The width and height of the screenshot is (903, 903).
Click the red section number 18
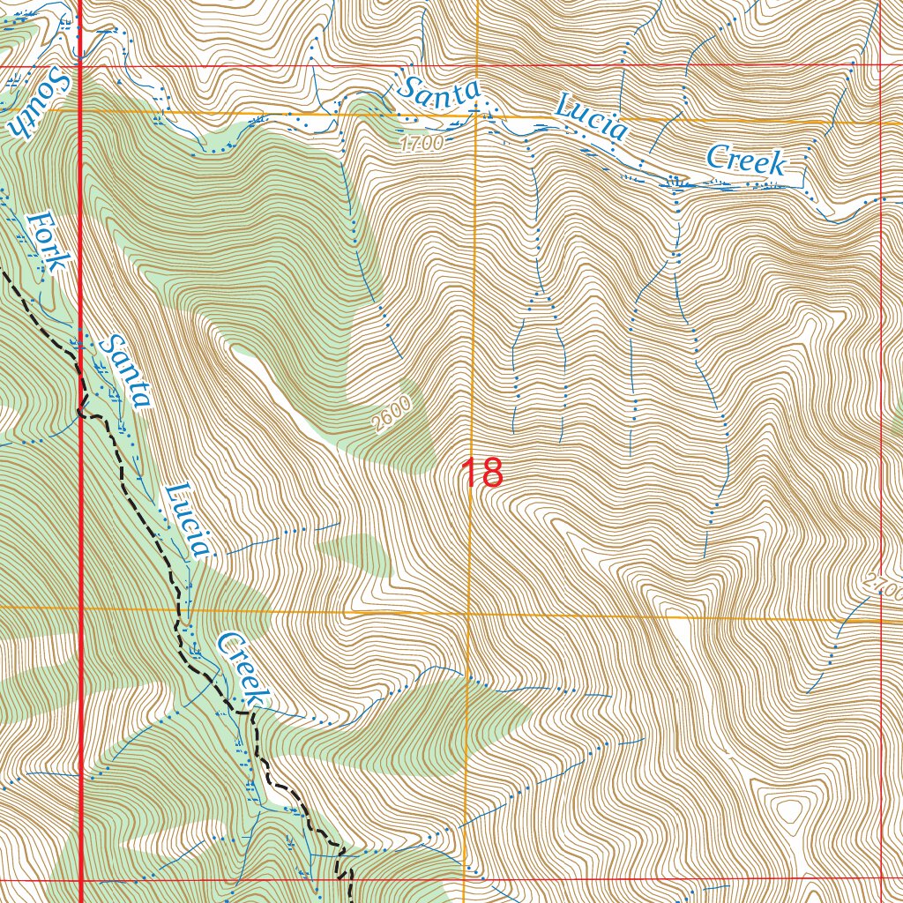[482, 474]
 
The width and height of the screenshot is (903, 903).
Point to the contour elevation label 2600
[392, 415]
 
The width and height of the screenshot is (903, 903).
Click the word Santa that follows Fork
[124, 371]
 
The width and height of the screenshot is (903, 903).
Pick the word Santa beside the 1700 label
[438, 92]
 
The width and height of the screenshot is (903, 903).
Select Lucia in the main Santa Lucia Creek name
[592, 118]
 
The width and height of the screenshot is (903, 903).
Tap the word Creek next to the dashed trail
[242, 668]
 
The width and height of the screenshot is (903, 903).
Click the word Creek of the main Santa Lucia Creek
[746, 160]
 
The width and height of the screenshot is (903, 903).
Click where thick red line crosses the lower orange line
[81, 608]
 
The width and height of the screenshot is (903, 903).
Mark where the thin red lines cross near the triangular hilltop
[881, 878]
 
